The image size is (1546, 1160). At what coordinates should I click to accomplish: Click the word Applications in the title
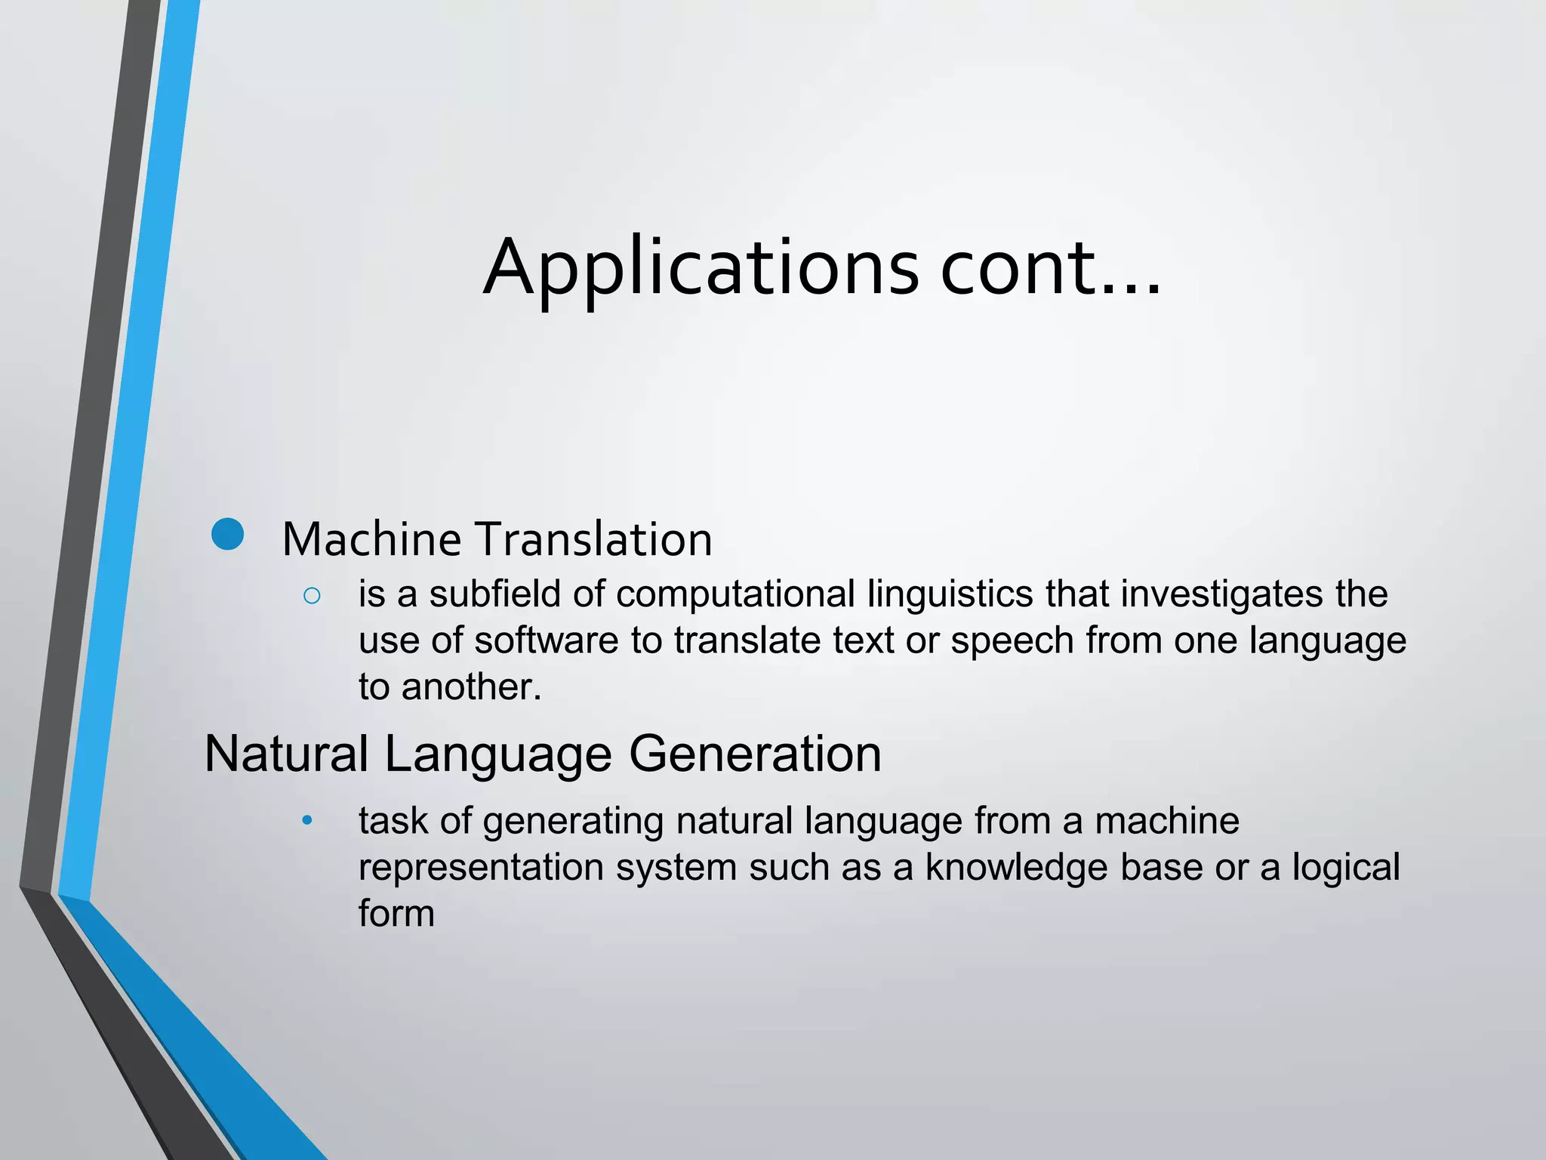click(x=701, y=268)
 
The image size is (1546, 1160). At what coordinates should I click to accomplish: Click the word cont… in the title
click(x=1049, y=268)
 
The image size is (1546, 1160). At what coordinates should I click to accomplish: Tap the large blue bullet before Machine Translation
click(x=227, y=535)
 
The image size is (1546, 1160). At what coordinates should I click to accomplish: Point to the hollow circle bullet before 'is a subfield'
click(x=312, y=596)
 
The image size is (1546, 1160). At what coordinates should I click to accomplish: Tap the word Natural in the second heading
click(x=286, y=754)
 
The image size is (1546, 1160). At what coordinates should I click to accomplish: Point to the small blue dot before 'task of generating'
click(x=306, y=821)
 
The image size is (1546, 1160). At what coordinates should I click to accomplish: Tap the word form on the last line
click(x=396, y=914)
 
